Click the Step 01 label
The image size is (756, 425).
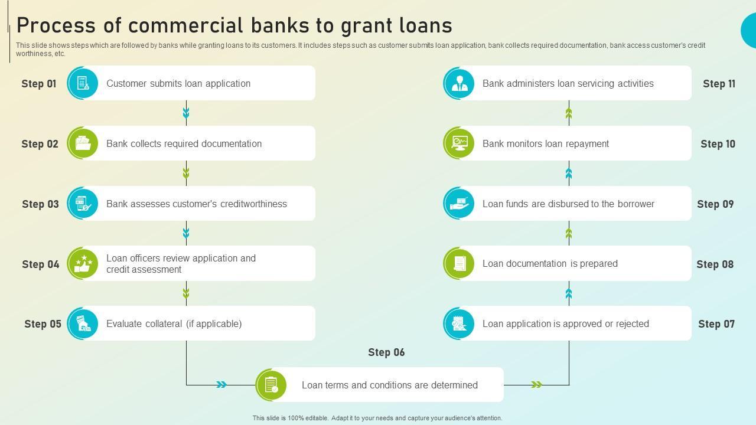[x=39, y=84]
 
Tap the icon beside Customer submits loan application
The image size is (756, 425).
[x=83, y=83]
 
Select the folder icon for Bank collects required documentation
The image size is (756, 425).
[x=83, y=143]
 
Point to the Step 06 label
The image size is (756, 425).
[x=386, y=352]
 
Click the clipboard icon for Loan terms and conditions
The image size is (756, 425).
[x=271, y=385]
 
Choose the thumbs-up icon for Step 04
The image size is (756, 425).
[x=83, y=263]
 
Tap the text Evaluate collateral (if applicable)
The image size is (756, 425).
[x=174, y=323]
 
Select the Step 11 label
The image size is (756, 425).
[x=719, y=84]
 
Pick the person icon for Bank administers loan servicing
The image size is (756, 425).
[x=459, y=83]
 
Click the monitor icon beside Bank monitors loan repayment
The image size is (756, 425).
[x=459, y=143]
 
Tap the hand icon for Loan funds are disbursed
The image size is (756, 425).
[x=459, y=204]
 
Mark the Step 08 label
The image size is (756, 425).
[x=715, y=264]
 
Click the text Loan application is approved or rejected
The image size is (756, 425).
[x=565, y=323]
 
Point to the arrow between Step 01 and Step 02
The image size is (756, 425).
[x=186, y=112]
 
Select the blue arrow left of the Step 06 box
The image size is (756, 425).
[x=221, y=385]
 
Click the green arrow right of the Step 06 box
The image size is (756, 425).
[x=536, y=385]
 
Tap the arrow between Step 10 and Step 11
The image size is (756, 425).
[x=569, y=113]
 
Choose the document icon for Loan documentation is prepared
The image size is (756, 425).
[x=459, y=263]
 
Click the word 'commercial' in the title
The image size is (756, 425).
[x=186, y=25]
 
